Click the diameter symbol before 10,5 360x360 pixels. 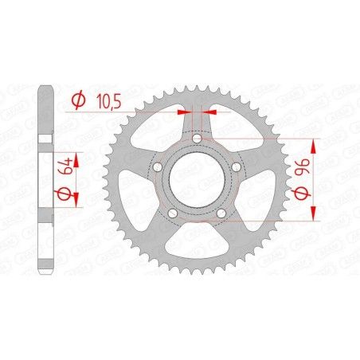tap(78, 102)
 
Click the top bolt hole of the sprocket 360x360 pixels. tap(198, 141)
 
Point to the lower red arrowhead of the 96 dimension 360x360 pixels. tap(314, 213)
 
